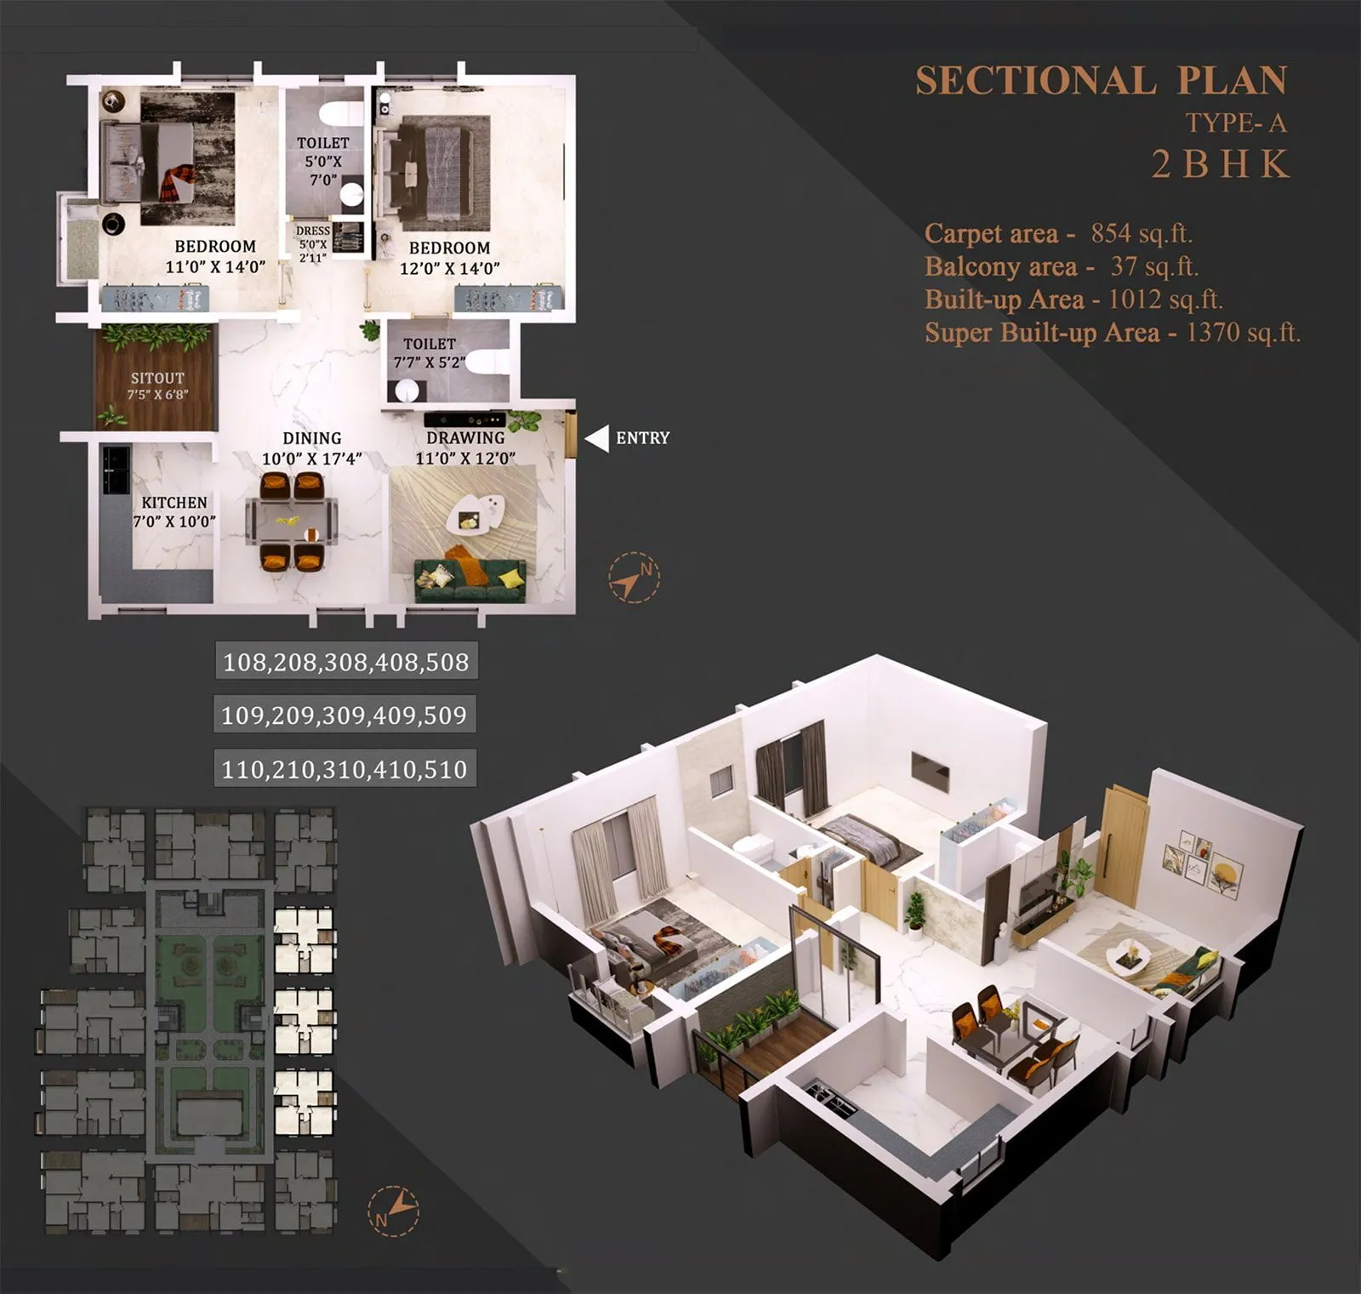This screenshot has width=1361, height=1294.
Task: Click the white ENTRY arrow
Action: coord(597,438)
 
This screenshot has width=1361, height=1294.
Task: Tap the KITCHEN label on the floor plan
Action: coord(174,503)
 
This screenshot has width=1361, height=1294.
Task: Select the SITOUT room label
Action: coord(157,378)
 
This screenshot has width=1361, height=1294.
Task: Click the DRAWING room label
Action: coord(465,437)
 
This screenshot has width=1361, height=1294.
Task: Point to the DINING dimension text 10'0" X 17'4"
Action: coord(311,459)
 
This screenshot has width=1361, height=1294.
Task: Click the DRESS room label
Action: coord(313,231)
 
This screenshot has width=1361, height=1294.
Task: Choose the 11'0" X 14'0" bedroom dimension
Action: coord(215,267)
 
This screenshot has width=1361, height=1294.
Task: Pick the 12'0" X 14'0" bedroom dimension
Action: coord(450,269)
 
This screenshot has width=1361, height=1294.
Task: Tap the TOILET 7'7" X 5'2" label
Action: coord(430,353)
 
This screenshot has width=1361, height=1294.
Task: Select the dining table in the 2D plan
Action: coord(292,521)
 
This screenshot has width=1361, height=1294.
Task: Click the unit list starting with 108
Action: coord(346,662)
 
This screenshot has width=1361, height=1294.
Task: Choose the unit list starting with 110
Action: coord(345,769)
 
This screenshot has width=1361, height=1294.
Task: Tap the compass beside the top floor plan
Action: coord(634,578)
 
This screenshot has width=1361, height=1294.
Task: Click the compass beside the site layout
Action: coord(393,1210)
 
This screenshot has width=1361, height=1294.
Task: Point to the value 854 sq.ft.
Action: coord(1142,233)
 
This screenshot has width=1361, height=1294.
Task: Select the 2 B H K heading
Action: coord(1221,164)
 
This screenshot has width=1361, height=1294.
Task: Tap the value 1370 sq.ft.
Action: coord(1243,332)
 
